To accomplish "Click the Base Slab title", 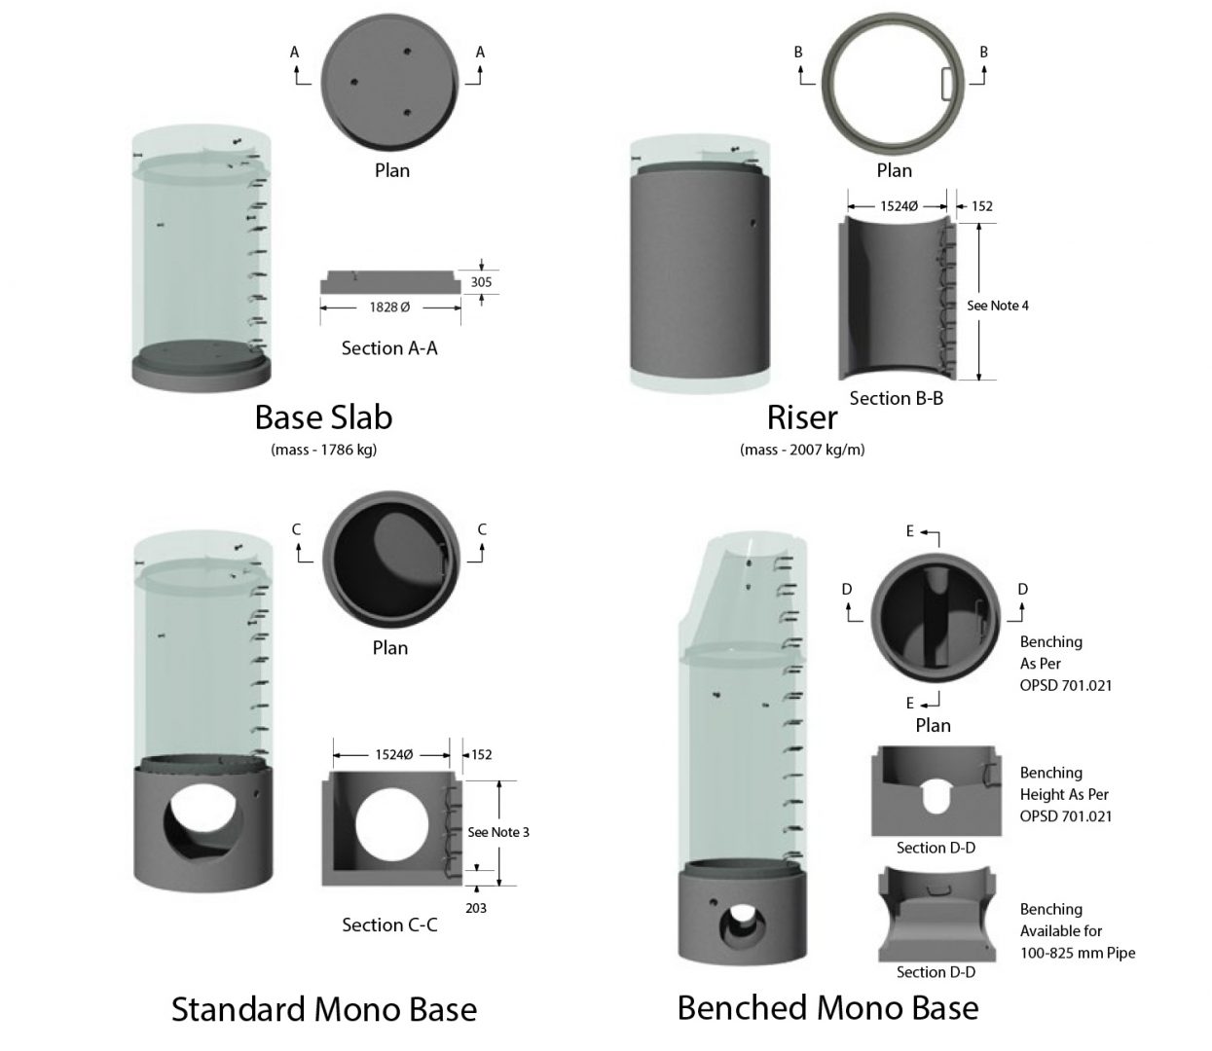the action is tap(323, 417).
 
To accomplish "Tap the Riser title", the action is tap(802, 417).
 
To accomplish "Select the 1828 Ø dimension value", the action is tap(389, 308).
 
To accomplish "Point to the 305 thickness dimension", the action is tap(481, 282).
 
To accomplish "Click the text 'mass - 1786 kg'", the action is tap(323, 450).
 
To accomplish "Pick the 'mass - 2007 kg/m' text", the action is tap(802, 450).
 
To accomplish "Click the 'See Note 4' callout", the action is tap(998, 306).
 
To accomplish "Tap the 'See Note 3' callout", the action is tap(498, 832).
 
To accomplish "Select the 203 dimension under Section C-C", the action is tap(476, 908).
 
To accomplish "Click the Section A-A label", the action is tap(389, 347).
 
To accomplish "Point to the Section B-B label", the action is tap(897, 398).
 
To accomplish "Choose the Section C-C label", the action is tap(389, 924).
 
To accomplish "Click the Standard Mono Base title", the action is tap(324, 1009).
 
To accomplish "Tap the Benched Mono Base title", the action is tap(827, 1008).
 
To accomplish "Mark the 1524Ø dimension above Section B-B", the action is tap(899, 206).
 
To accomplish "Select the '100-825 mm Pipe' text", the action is tap(1078, 953).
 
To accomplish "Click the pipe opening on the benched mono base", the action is tap(742, 924).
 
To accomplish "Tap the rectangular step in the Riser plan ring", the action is tap(946, 83).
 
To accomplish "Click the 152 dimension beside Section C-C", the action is tap(482, 754).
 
